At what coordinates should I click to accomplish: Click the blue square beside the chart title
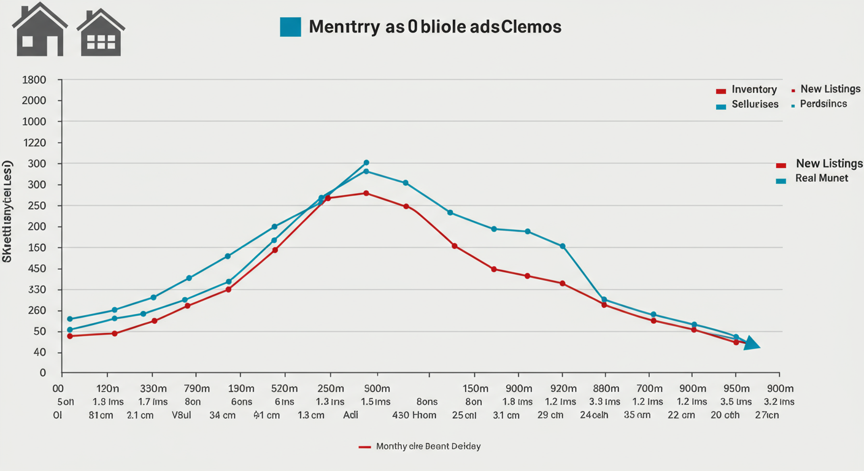(290, 27)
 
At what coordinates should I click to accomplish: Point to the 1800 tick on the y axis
(34, 80)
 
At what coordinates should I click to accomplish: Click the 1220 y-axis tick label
(34, 143)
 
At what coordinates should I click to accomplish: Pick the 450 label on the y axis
(34, 269)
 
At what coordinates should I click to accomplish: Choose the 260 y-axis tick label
(34, 310)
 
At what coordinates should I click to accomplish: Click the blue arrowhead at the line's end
(752, 345)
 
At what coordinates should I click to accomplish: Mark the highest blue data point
(366, 163)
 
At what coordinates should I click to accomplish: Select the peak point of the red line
(366, 193)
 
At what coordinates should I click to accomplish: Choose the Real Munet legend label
(822, 178)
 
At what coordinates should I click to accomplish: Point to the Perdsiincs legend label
(823, 104)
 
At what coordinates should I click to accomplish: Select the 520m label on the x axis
(284, 388)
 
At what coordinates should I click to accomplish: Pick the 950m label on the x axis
(736, 388)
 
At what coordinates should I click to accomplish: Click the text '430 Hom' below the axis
(414, 415)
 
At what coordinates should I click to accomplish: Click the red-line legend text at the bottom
(428, 446)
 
